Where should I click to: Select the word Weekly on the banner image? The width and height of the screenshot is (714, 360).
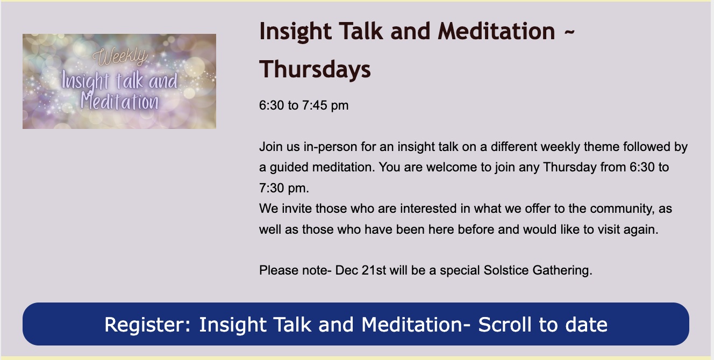[x=120, y=57]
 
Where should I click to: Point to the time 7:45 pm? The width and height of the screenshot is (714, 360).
[x=325, y=105]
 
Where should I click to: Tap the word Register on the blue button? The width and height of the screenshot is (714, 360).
[x=147, y=325]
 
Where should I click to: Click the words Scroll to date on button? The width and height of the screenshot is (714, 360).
[x=543, y=325]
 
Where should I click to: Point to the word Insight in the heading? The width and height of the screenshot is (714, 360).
[x=296, y=32]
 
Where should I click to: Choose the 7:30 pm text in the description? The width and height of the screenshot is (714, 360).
[x=284, y=188]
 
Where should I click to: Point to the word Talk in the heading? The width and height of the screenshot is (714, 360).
[x=361, y=32]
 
